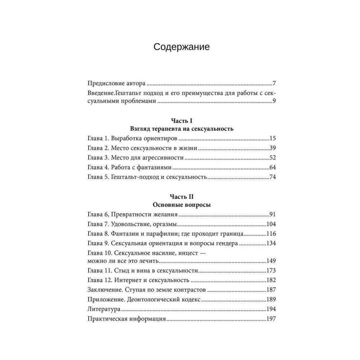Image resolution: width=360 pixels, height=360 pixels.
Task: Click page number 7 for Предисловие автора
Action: tap(274, 84)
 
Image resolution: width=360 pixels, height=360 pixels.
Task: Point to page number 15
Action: tap(272, 138)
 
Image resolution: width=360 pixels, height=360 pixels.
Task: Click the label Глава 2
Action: tap(98, 148)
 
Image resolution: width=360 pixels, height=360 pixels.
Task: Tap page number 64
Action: tap(272, 167)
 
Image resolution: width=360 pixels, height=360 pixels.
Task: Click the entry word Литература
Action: tap(104, 309)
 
